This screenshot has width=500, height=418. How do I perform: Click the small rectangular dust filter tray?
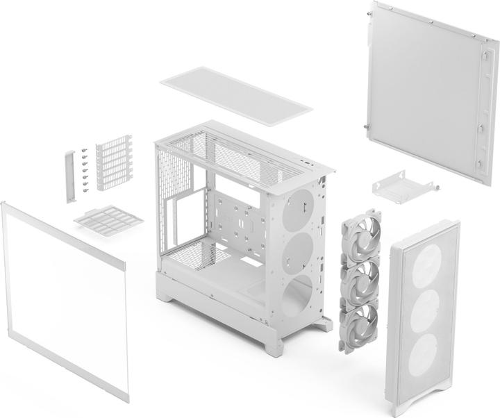[108, 219]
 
